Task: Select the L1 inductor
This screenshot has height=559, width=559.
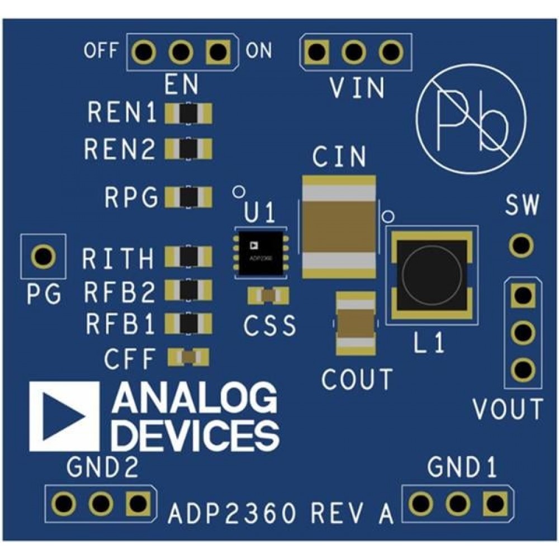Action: point(432,274)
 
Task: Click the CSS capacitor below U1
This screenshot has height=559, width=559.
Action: point(269,295)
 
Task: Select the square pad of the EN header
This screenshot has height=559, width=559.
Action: point(217,53)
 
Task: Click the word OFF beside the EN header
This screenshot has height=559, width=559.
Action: point(101,51)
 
